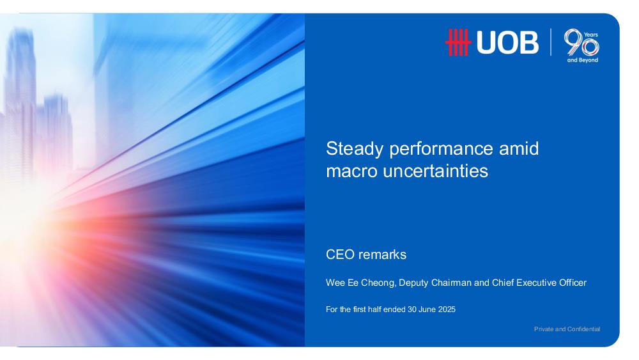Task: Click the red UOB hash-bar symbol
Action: [458, 42]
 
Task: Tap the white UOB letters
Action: [507, 42]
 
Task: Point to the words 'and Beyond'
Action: [583, 60]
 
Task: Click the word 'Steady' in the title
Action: [355, 149]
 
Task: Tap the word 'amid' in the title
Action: [519, 148]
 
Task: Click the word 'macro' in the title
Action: [351, 171]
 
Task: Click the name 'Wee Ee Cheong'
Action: [360, 283]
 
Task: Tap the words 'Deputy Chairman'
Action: [435, 283]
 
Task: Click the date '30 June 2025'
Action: [431, 309]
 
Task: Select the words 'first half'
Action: [367, 309]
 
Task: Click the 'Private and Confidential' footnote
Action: [567, 329]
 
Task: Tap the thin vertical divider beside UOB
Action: [551, 42]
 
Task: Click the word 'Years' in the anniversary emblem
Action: [591, 35]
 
